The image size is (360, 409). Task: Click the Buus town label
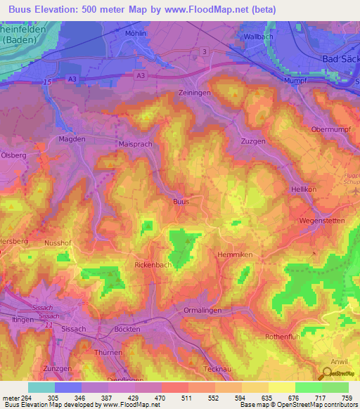pyautogui.click(x=181, y=202)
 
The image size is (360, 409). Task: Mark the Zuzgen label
pyautogui.click(x=253, y=141)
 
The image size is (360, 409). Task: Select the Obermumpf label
pyautogui.click(x=329, y=130)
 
